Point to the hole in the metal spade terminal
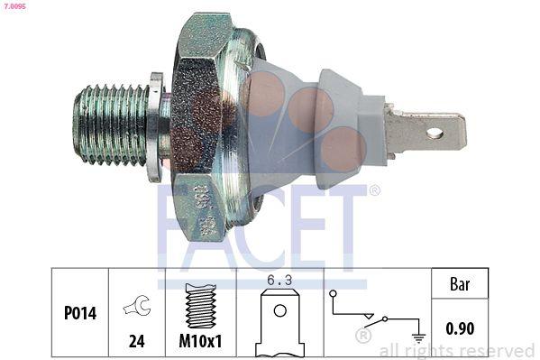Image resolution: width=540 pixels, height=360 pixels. [x=435, y=134]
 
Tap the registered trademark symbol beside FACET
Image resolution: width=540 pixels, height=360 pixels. [x=374, y=190]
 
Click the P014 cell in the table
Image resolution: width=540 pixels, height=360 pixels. [x=80, y=315]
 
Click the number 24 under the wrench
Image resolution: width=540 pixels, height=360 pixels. [x=136, y=341]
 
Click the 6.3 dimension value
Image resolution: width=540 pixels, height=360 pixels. [x=279, y=281]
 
